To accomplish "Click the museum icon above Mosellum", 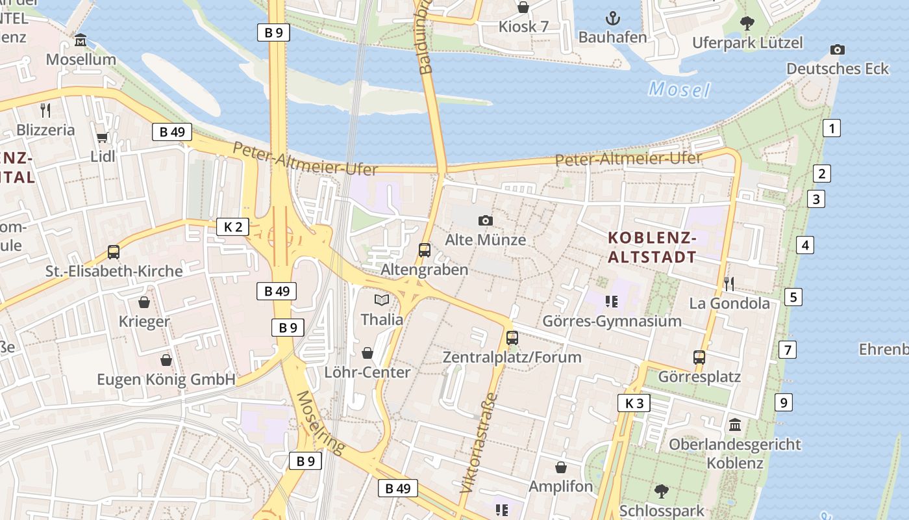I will point(81,40).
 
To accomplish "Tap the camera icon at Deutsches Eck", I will point(838,49).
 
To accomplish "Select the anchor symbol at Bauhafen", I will point(612,18).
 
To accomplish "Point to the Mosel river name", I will point(679,89).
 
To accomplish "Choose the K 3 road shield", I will point(634,403).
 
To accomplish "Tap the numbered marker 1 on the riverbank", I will point(831,128).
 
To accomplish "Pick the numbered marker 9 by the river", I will point(784,402).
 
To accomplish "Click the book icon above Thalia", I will point(382,300).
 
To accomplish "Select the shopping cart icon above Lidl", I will point(102,137).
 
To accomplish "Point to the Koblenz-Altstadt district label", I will point(652,248).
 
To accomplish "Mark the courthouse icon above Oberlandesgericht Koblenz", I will point(735,425).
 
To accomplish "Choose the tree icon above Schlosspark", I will point(661,491).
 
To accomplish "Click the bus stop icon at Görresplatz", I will point(699,357).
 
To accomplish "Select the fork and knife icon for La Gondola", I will point(728,283).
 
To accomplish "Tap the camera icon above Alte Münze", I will point(485,221).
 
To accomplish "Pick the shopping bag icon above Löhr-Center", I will point(367,353).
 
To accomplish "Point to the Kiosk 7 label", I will point(523,27).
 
